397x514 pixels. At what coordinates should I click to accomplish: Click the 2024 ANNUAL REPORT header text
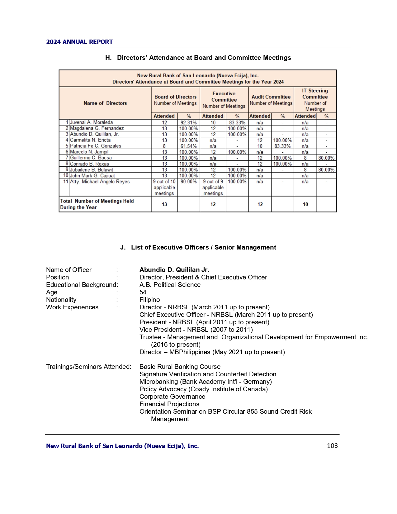pyautogui.click(x=79, y=42)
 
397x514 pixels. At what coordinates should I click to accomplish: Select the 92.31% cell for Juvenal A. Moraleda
pyautogui.click(x=188, y=122)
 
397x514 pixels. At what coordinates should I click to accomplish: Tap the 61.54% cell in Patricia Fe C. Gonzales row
pyautogui.click(x=188, y=146)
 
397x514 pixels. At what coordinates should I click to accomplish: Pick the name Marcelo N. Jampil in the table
pyautogui.click(x=89, y=152)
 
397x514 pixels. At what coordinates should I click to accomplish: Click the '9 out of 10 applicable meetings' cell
pyautogui.click(x=164, y=187)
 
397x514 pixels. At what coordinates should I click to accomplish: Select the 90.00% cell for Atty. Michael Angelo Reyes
pyautogui.click(x=188, y=182)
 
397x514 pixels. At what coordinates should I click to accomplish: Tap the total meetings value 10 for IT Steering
pyautogui.click(x=305, y=204)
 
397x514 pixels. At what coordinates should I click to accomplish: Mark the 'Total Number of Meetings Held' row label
pyautogui.click(x=97, y=204)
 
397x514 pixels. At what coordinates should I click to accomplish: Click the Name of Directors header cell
pyautogui.click(x=105, y=103)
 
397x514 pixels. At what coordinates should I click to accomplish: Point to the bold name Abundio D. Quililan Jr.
pyautogui.click(x=174, y=270)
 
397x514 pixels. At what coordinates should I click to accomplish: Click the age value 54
pyautogui.click(x=143, y=292)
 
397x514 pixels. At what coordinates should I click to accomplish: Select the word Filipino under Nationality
pyautogui.click(x=149, y=300)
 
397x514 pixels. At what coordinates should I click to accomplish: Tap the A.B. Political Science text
pyautogui.click(x=170, y=285)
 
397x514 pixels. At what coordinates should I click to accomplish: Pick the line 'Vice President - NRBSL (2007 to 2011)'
pyautogui.click(x=196, y=330)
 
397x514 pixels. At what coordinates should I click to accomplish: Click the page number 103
pyautogui.click(x=332, y=446)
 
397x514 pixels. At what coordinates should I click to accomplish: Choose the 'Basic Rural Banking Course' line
pyautogui.click(x=180, y=367)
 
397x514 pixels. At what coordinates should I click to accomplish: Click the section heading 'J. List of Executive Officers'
pyautogui.click(x=198, y=247)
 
